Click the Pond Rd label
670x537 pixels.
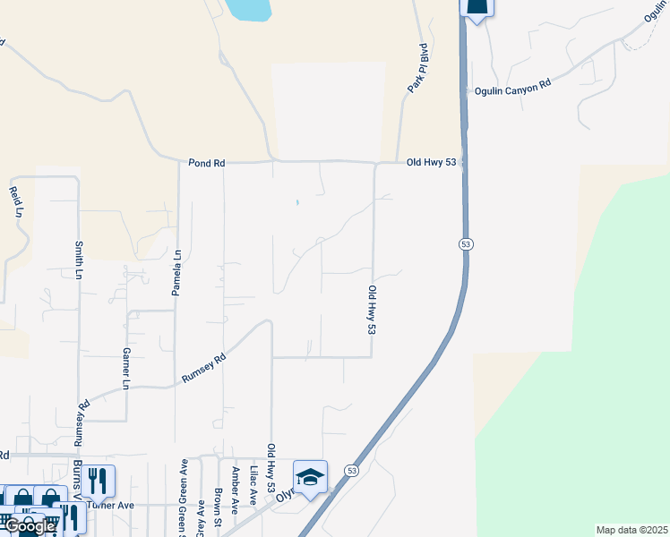206,163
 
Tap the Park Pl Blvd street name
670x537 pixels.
417,68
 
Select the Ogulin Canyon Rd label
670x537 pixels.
512,86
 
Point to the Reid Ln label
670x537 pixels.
15,202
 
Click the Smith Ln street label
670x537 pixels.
79,259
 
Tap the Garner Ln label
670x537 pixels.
126,369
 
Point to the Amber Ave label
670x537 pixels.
236,483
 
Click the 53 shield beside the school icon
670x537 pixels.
350,471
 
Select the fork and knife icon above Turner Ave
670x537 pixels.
99,482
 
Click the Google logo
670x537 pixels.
29,526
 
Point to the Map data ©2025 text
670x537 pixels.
631,529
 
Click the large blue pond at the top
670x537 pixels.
249,9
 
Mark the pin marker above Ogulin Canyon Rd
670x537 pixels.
477,7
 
